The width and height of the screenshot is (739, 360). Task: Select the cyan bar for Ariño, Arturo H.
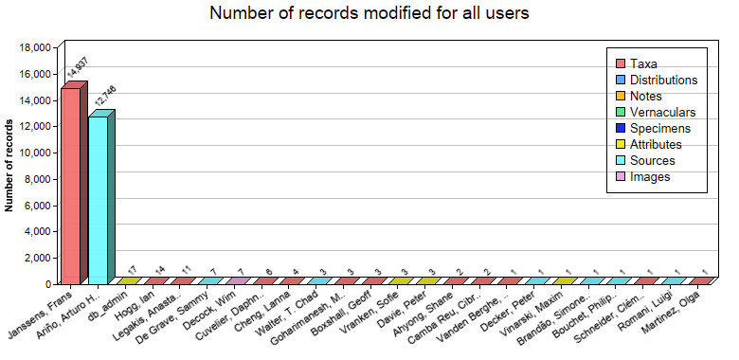click(99, 199)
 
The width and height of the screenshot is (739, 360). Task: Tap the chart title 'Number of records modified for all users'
click(369, 14)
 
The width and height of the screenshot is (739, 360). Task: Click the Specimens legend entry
click(659, 129)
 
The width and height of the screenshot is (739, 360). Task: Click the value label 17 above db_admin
click(132, 269)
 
